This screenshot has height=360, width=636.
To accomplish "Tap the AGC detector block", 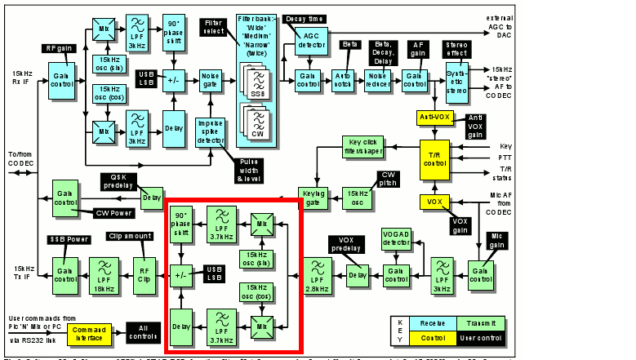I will click(312, 38).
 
